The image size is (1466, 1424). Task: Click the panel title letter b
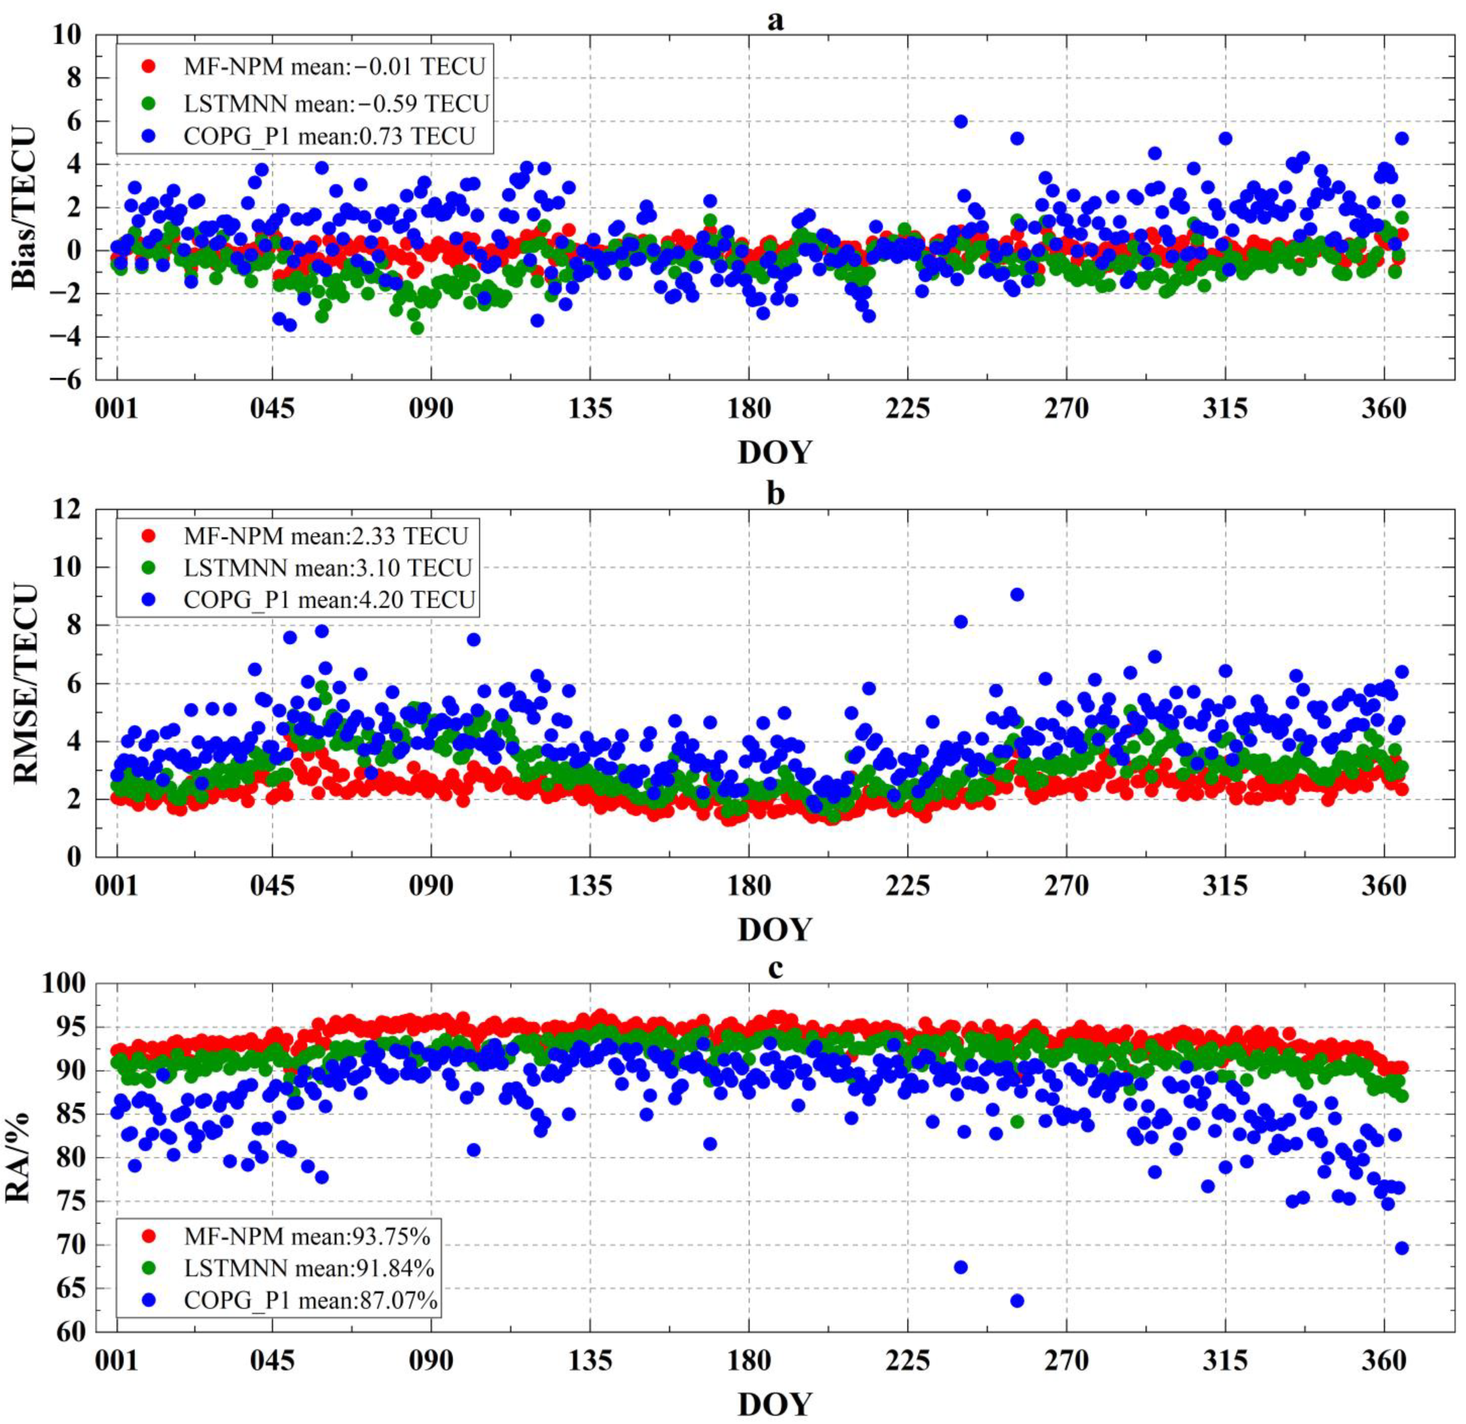click(776, 495)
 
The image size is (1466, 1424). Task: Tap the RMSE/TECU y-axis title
click(24, 684)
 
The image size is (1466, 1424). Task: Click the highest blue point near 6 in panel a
click(961, 121)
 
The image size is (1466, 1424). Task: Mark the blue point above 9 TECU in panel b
click(1017, 595)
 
